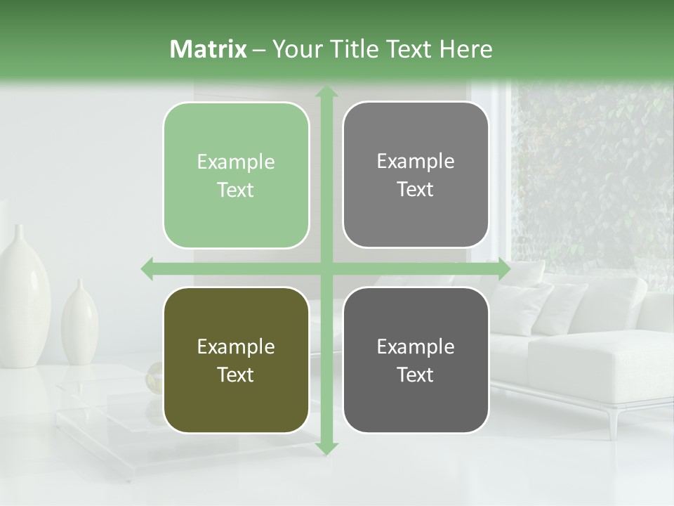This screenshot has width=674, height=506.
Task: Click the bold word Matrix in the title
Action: [209, 49]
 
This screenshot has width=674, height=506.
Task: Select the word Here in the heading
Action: [465, 49]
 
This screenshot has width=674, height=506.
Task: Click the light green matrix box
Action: [236, 176]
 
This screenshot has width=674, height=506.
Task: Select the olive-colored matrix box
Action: [236, 361]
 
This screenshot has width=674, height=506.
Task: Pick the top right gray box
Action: [416, 175]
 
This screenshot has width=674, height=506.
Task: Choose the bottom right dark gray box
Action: [416, 360]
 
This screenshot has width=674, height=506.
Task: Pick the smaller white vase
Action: [79, 323]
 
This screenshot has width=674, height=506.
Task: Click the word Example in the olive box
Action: [236, 346]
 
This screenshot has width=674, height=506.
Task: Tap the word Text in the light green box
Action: [236, 190]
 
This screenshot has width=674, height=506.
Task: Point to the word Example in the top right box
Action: [416, 161]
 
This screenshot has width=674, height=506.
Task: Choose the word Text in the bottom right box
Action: [416, 375]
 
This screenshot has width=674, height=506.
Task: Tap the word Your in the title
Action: [293, 49]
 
